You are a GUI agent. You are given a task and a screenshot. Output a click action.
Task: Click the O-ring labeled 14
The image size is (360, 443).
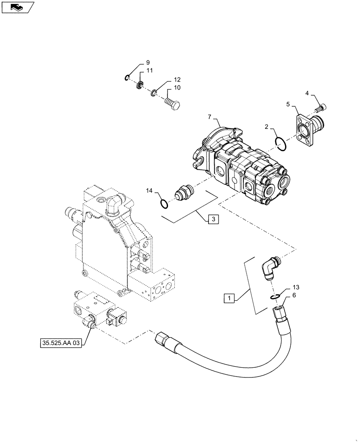[164, 203]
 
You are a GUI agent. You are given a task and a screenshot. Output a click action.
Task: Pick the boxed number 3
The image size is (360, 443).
[213, 219]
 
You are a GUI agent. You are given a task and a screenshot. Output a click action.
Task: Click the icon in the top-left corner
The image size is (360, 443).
[17, 7]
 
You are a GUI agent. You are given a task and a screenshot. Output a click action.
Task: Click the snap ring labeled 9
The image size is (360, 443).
[127, 78]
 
